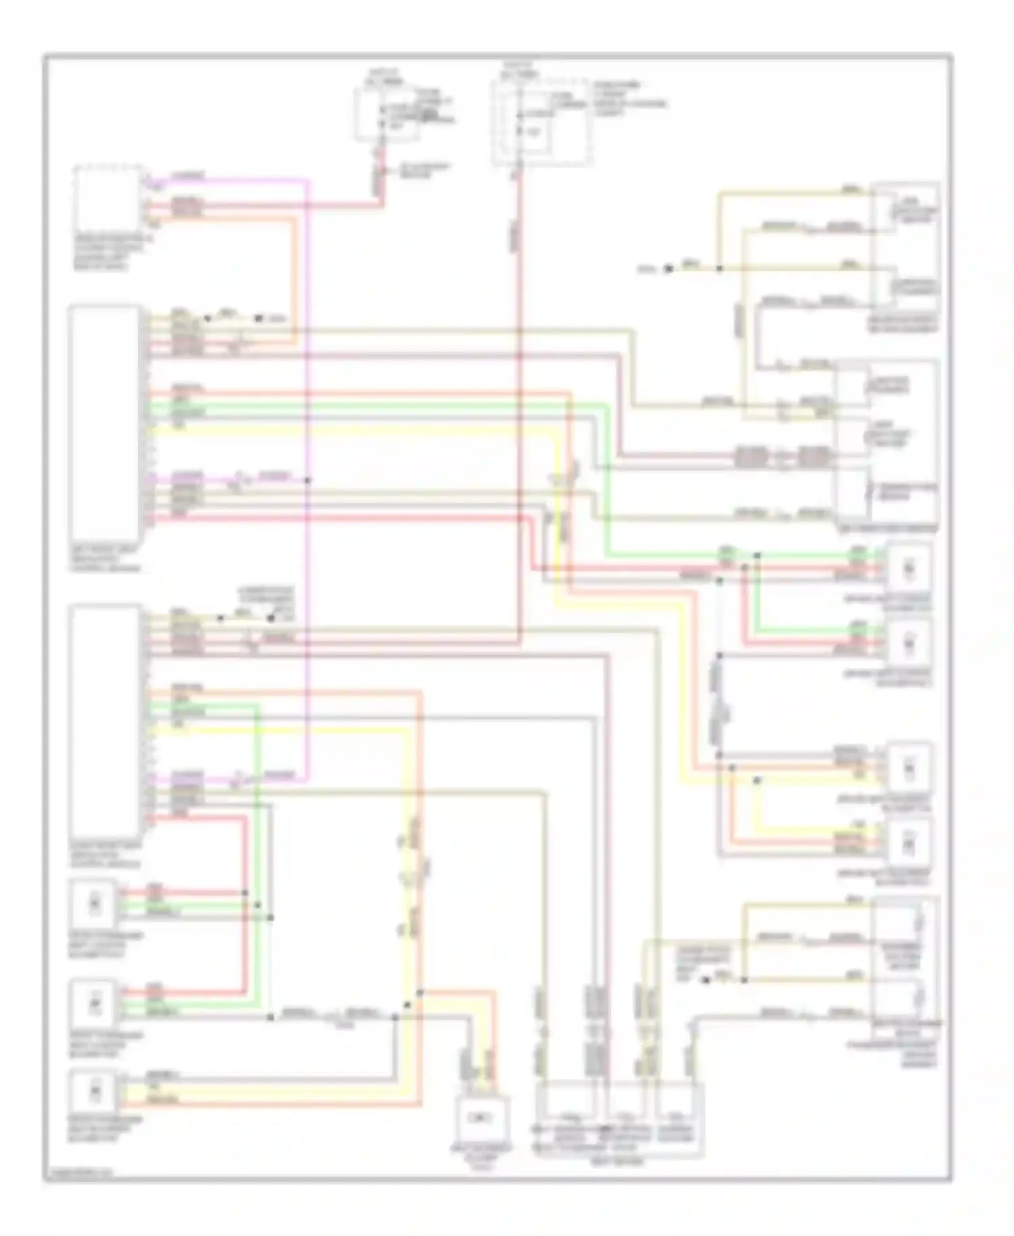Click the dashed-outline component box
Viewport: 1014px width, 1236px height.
pos(108,199)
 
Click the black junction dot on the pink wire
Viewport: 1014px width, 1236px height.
pos(308,480)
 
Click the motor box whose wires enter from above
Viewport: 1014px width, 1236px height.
pos(484,1116)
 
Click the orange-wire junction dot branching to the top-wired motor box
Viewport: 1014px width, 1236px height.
pos(420,993)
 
